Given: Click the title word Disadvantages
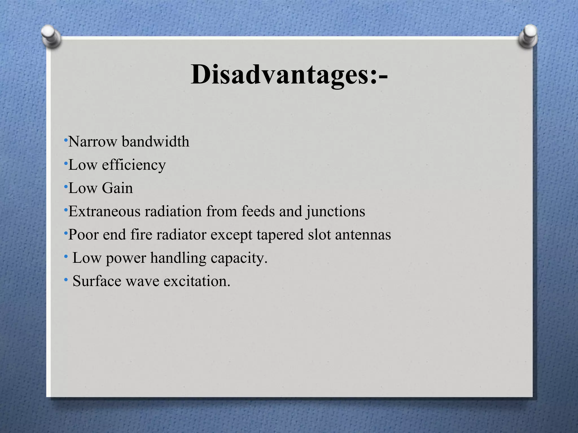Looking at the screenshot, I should pos(283,75).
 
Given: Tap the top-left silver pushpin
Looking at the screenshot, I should pos(51,36).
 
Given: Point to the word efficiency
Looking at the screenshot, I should pos(134,165).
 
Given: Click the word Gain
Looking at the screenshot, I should pos(117,188).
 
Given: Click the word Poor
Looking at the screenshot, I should pos(83,235).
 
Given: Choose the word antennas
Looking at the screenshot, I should pos(363,235).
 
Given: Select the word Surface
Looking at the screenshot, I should pos(97,281).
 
